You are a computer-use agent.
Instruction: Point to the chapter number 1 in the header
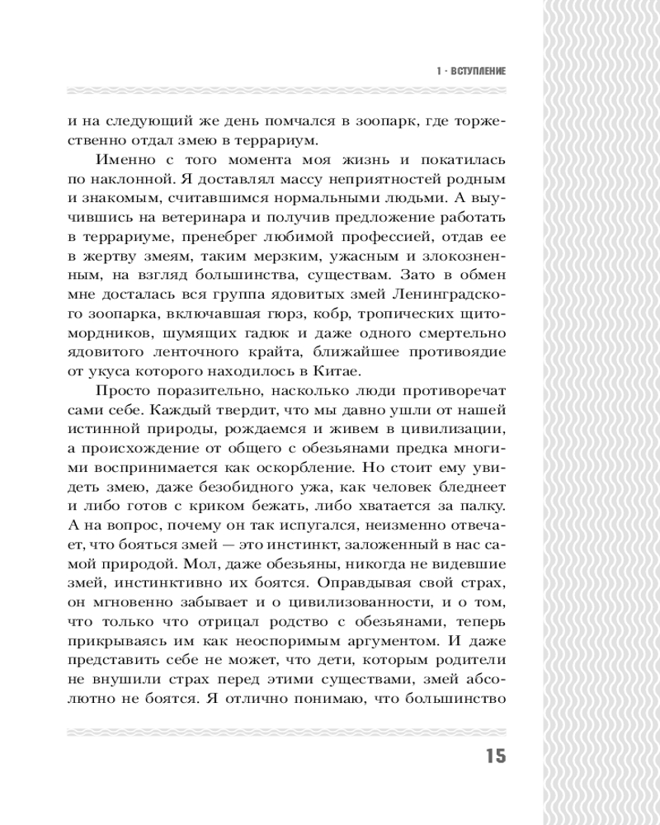[436, 72]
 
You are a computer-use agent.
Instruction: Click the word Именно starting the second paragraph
[126, 159]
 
